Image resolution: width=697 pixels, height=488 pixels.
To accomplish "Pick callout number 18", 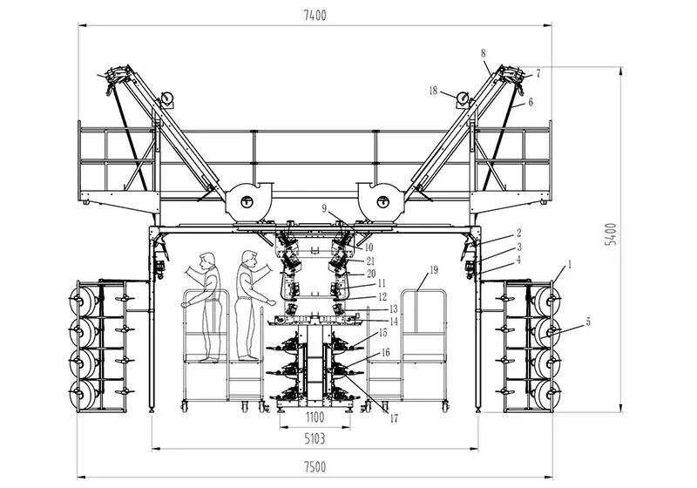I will [x=433, y=91].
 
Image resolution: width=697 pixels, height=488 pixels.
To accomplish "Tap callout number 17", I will [x=394, y=418].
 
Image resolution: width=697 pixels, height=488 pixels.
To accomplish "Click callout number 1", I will [x=571, y=263].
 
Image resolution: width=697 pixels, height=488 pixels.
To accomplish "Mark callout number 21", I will [x=370, y=261].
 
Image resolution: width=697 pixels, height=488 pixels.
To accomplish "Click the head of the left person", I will [x=206, y=259].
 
